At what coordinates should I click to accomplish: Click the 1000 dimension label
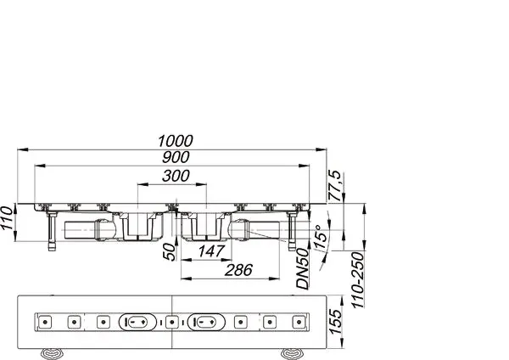pos(176,141)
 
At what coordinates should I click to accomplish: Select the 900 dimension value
pos(176,157)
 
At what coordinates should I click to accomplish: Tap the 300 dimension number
pos(176,176)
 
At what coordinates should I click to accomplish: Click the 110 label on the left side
pos(7,218)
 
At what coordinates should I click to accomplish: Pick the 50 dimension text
pos(169,252)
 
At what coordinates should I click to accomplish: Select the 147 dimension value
pos(211,251)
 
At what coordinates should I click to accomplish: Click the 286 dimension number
pos(238,270)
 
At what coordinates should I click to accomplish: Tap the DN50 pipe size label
pos(303,268)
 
